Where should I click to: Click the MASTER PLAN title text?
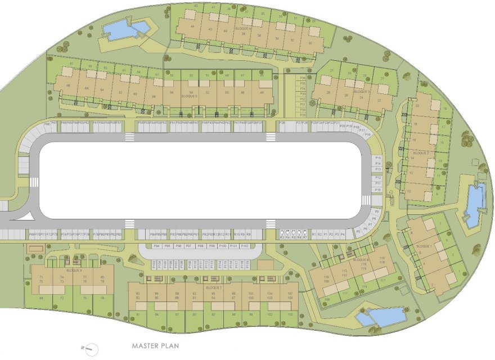click(155, 346)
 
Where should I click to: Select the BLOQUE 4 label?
click(243, 28)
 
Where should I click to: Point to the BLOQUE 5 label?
click(189, 96)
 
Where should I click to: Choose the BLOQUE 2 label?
click(421, 153)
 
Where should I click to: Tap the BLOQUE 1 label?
click(424, 246)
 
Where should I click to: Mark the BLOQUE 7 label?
click(214, 287)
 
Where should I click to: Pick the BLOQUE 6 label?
click(74, 271)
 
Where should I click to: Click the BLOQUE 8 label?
click(361, 260)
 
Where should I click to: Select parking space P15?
click(378, 158)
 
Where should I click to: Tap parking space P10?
click(378, 190)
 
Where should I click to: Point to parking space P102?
click(244, 246)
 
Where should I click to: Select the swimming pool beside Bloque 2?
click(475, 204)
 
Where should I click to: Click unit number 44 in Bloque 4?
click(193, 26)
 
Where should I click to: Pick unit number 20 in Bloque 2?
click(417, 106)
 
